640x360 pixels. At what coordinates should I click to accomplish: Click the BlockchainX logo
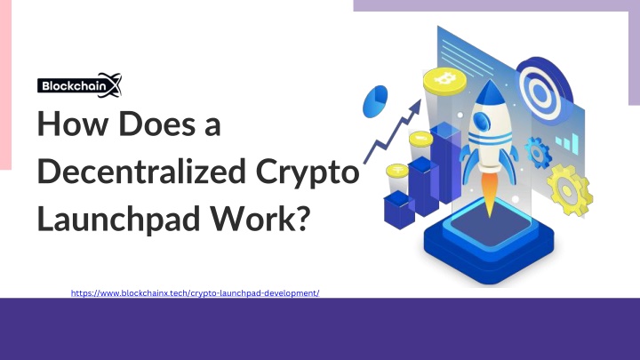click(x=80, y=85)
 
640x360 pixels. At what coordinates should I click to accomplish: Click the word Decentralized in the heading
click(x=141, y=172)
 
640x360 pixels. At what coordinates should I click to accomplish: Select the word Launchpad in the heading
click(x=118, y=218)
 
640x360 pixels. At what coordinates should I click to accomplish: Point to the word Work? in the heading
click(x=260, y=218)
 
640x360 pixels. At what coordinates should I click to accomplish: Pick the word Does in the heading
click(x=157, y=124)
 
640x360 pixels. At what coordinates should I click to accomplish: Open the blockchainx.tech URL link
click(x=195, y=293)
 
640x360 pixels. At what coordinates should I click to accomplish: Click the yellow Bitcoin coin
click(x=444, y=80)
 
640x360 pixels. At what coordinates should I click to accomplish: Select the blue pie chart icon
click(x=375, y=101)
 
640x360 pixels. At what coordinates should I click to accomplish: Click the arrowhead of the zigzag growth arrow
click(x=416, y=107)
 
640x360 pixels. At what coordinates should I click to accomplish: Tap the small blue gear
click(x=538, y=153)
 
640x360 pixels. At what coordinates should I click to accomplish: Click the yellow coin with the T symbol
click(x=397, y=170)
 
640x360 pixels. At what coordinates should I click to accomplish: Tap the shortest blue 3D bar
click(x=399, y=210)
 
